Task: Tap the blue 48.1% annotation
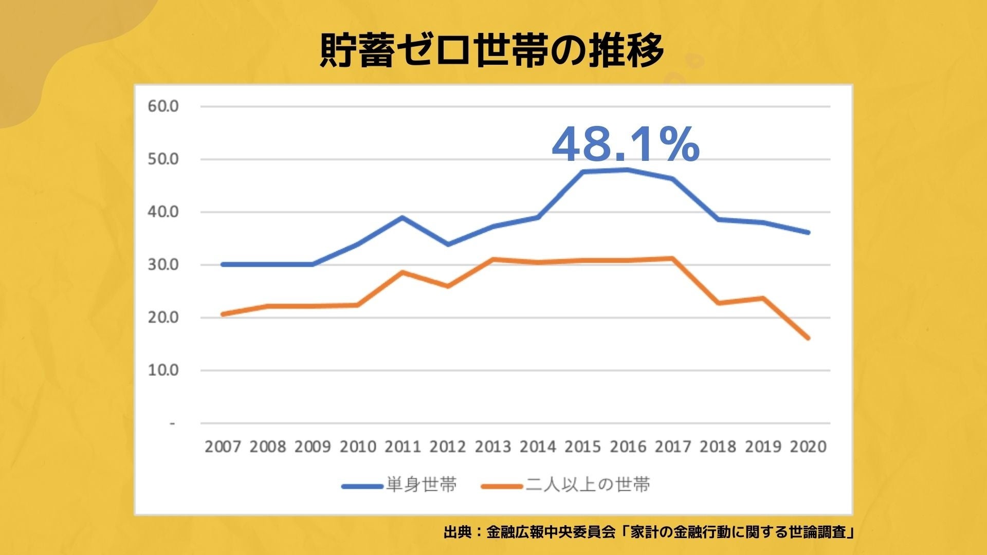(x=625, y=144)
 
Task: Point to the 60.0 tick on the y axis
(x=163, y=106)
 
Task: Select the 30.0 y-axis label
(x=163, y=265)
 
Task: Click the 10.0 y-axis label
(x=163, y=370)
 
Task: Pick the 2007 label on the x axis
(x=223, y=447)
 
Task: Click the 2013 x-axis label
(x=492, y=447)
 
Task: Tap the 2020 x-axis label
(x=808, y=447)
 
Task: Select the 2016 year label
(x=628, y=447)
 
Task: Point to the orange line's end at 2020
(x=808, y=338)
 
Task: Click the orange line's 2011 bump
(x=403, y=272)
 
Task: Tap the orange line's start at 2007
(x=223, y=314)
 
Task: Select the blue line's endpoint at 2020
(x=808, y=232)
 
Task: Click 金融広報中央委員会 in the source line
(x=550, y=532)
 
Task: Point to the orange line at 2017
(x=672, y=258)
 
